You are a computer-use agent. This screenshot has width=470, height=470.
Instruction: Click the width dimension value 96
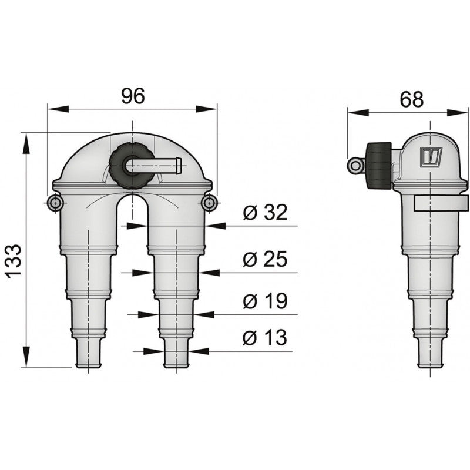click(x=133, y=96)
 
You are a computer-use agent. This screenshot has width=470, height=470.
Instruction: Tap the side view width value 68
click(x=411, y=99)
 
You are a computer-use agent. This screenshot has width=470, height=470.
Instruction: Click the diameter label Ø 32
click(x=265, y=213)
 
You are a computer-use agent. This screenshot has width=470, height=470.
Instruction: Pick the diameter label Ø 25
click(x=265, y=258)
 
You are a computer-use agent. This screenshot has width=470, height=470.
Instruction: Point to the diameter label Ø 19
click(x=265, y=301)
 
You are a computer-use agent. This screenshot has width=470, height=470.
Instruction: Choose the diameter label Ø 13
click(x=265, y=338)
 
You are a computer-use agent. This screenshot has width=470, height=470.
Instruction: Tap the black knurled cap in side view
click(x=378, y=165)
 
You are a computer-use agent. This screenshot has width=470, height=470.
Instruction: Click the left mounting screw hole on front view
click(x=55, y=203)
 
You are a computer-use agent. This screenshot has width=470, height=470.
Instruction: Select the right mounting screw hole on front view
click(x=209, y=203)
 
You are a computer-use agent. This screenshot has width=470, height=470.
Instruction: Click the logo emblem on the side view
click(x=431, y=157)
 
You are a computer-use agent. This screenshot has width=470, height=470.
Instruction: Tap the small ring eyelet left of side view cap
click(x=355, y=166)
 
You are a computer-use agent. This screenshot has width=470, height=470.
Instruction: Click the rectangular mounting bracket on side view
click(x=441, y=203)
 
